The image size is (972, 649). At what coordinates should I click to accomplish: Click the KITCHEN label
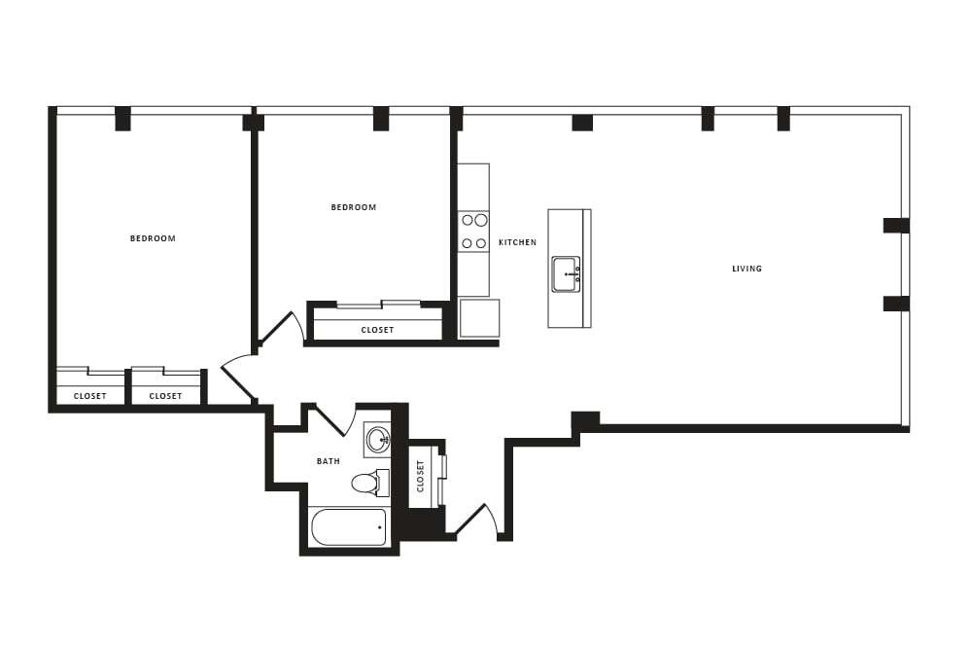coord(517,242)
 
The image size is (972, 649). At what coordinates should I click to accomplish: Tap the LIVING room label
coord(746,269)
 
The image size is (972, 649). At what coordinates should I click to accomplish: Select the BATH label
coord(329,461)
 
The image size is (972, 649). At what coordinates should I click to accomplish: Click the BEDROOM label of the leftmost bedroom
coord(153,238)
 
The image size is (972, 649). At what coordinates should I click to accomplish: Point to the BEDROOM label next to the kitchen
coord(353,207)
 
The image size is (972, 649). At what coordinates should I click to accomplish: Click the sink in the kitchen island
coord(566,274)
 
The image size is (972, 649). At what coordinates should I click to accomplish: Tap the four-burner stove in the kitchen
coord(473,232)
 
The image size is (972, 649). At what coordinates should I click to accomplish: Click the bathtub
coord(349,527)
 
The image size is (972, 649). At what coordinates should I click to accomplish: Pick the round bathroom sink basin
coord(377,439)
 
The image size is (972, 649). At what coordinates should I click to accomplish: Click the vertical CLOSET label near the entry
coord(421,476)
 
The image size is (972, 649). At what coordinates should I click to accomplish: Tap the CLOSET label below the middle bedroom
coord(377,330)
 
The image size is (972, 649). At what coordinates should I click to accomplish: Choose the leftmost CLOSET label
coord(90,396)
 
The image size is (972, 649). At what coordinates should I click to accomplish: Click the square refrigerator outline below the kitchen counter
coord(479,318)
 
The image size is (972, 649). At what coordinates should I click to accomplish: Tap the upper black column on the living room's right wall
coord(895,226)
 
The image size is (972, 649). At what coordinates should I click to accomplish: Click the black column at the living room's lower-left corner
coord(585,421)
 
